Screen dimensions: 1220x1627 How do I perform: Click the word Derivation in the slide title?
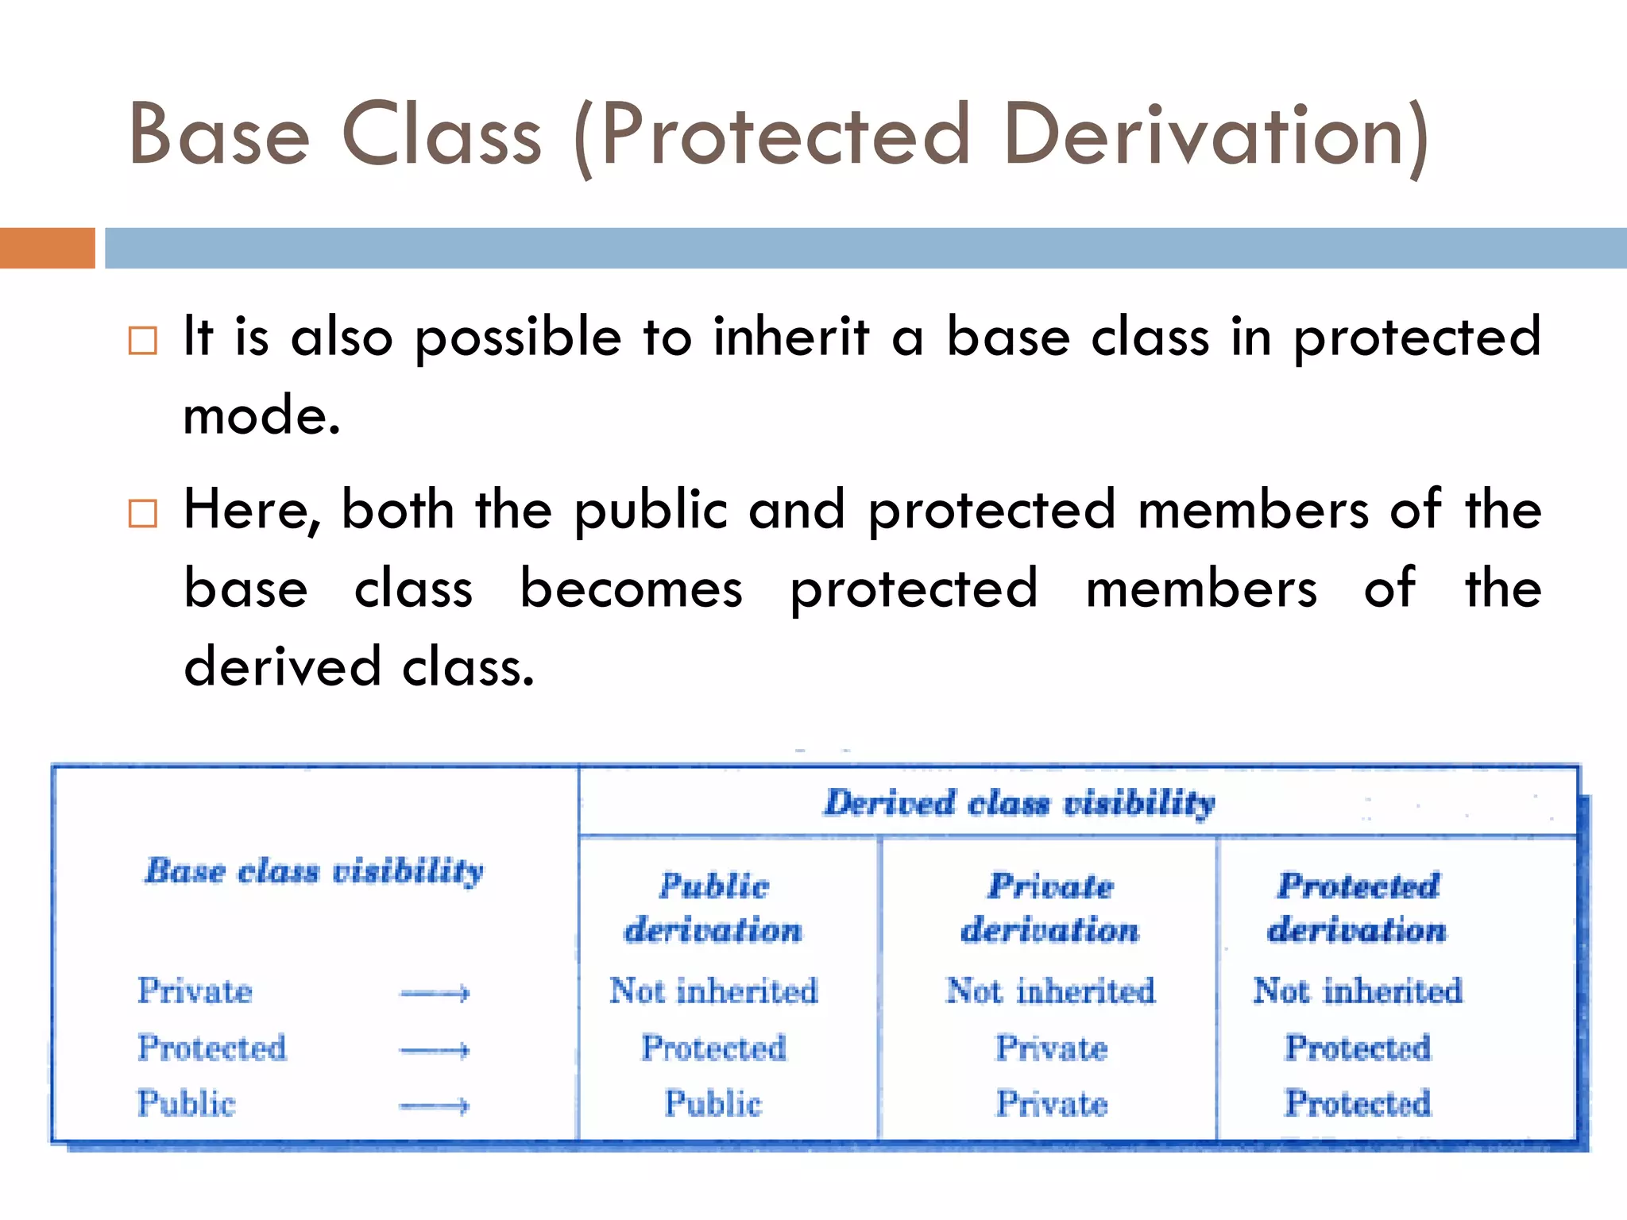click(1215, 135)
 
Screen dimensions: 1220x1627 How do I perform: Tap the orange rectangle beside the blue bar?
click(47, 248)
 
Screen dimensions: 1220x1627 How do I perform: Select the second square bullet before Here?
click(143, 513)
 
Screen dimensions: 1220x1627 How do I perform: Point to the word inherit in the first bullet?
click(790, 337)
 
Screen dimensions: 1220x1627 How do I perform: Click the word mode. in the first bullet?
click(261, 415)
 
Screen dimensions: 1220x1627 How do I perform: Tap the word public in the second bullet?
click(651, 510)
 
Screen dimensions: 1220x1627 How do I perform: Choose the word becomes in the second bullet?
click(632, 589)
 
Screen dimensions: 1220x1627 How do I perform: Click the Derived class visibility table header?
click(1019, 802)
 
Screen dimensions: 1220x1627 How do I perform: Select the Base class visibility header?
click(314, 871)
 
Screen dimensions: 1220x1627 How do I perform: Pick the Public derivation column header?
click(713, 908)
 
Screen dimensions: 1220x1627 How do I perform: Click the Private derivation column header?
click(1050, 908)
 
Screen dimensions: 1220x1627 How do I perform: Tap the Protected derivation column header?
click(1358, 908)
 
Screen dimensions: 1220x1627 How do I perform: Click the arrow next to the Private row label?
click(435, 993)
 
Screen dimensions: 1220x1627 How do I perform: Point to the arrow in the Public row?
click(435, 1106)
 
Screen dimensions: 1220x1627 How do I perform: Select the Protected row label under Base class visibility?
click(212, 1048)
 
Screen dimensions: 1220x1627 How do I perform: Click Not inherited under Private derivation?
click(1050, 991)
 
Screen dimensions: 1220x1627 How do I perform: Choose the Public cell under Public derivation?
click(713, 1104)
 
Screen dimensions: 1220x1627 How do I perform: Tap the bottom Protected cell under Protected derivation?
click(1358, 1104)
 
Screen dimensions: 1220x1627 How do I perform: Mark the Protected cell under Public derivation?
click(713, 1048)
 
